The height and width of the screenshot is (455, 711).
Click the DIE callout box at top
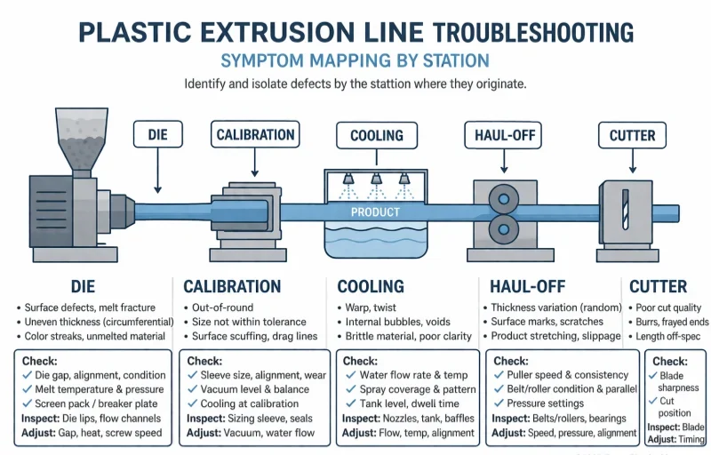(157, 135)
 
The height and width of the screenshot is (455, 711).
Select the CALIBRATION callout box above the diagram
(255, 135)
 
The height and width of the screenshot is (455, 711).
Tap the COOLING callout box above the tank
(376, 136)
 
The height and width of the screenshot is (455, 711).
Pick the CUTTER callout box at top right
(632, 136)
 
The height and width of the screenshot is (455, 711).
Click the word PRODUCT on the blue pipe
(375, 212)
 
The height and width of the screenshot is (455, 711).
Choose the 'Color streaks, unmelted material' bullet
(95, 336)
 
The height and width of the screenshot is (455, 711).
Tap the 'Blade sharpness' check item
(677, 381)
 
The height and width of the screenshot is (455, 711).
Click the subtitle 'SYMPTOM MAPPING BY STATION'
(355, 60)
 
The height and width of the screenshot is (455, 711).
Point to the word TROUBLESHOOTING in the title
(533, 32)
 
